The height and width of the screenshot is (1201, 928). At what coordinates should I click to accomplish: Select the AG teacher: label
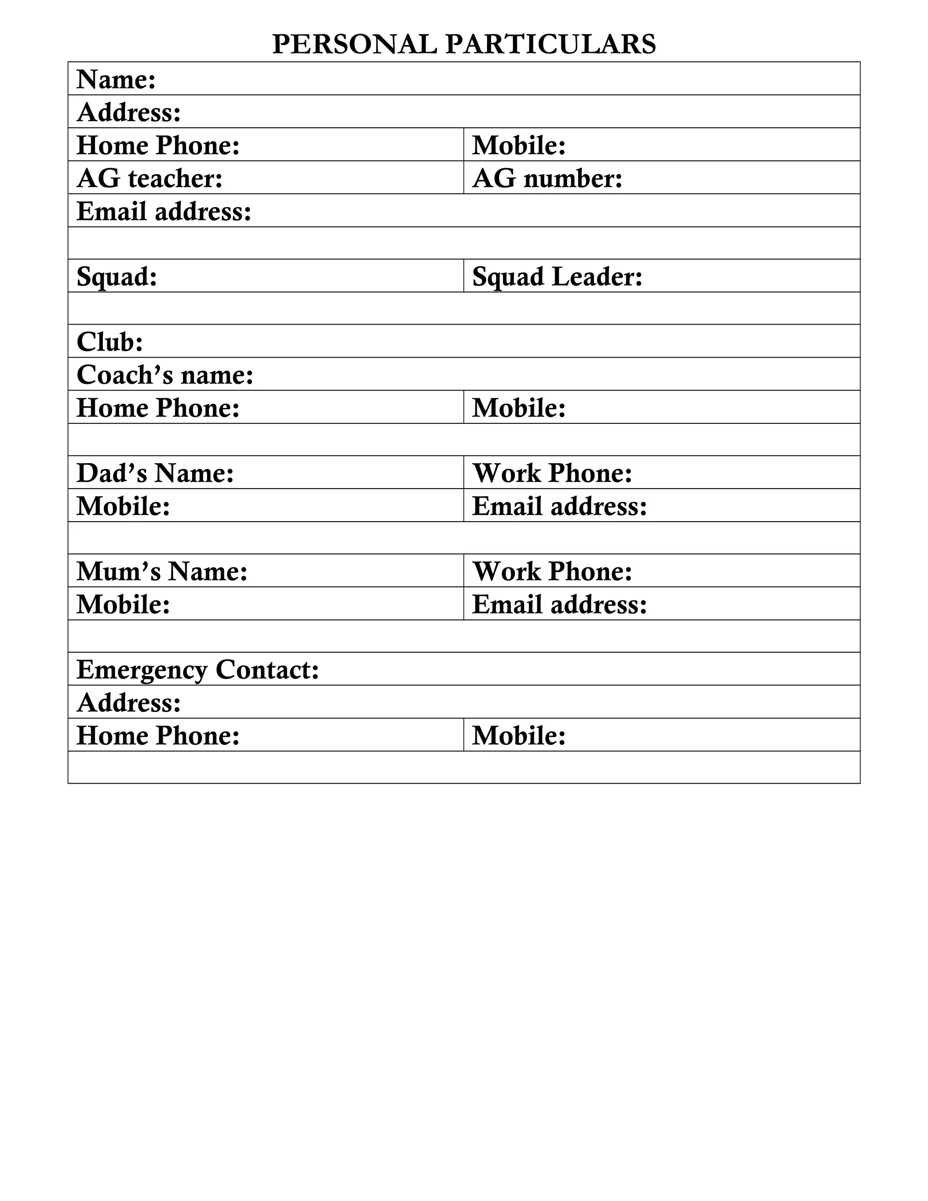click(150, 179)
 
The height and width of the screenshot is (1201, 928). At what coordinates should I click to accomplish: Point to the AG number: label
click(547, 179)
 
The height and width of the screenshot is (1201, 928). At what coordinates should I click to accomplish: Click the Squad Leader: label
click(557, 276)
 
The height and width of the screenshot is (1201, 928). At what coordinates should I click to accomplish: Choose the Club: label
click(110, 342)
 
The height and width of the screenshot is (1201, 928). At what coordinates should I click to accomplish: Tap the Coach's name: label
click(165, 375)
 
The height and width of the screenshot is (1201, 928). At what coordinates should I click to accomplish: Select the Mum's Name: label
click(162, 572)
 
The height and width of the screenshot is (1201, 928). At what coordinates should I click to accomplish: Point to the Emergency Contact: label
click(198, 670)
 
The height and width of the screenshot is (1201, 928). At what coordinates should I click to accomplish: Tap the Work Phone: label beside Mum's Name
click(552, 572)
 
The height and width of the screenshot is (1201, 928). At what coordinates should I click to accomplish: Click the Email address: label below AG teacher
click(164, 212)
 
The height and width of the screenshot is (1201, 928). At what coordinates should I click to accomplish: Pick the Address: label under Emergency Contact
click(129, 703)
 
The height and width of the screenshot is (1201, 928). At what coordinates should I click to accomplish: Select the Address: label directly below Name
click(129, 113)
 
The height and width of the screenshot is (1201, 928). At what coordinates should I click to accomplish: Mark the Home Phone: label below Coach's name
click(158, 408)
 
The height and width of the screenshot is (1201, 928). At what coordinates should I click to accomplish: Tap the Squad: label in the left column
click(116, 276)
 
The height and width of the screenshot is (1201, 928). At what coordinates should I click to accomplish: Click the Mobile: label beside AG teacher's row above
click(519, 146)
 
